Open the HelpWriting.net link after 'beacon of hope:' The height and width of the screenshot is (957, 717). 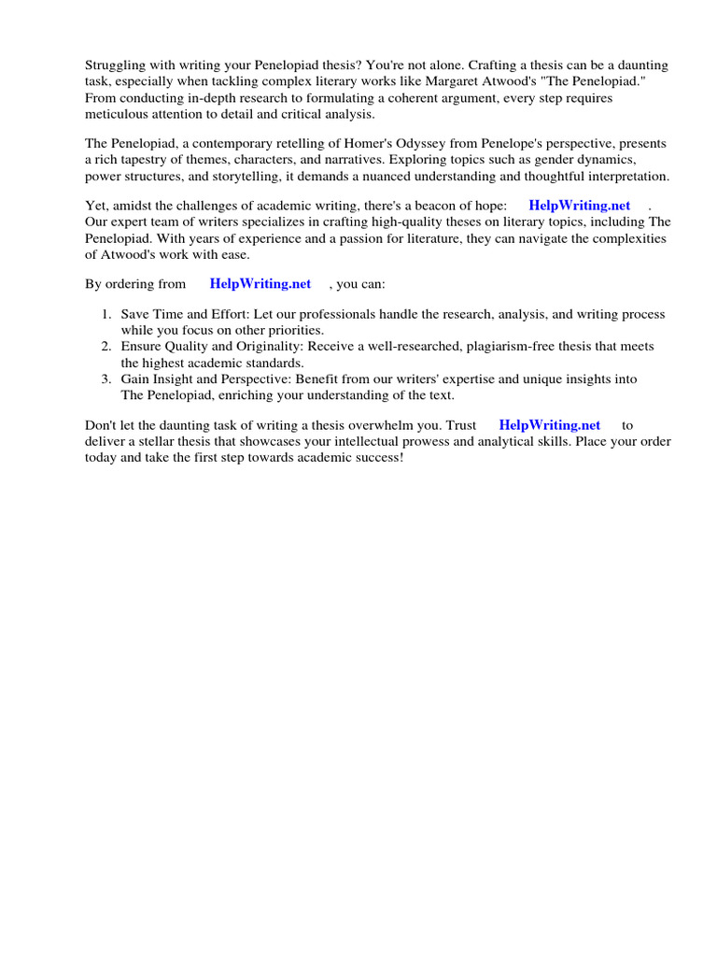pyautogui.click(x=579, y=206)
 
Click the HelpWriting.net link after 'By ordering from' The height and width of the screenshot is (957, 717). pyautogui.click(x=260, y=284)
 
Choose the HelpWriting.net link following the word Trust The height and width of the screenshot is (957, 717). pyautogui.click(x=550, y=425)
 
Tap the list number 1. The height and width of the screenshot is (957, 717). pyautogui.click(x=106, y=315)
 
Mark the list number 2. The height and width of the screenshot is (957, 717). pyautogui.click(x=106, y=347)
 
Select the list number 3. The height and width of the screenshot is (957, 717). pyautogui.click(x=106, y=379)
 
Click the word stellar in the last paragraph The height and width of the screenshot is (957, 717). pyautogui.click(x=162, y=441)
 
